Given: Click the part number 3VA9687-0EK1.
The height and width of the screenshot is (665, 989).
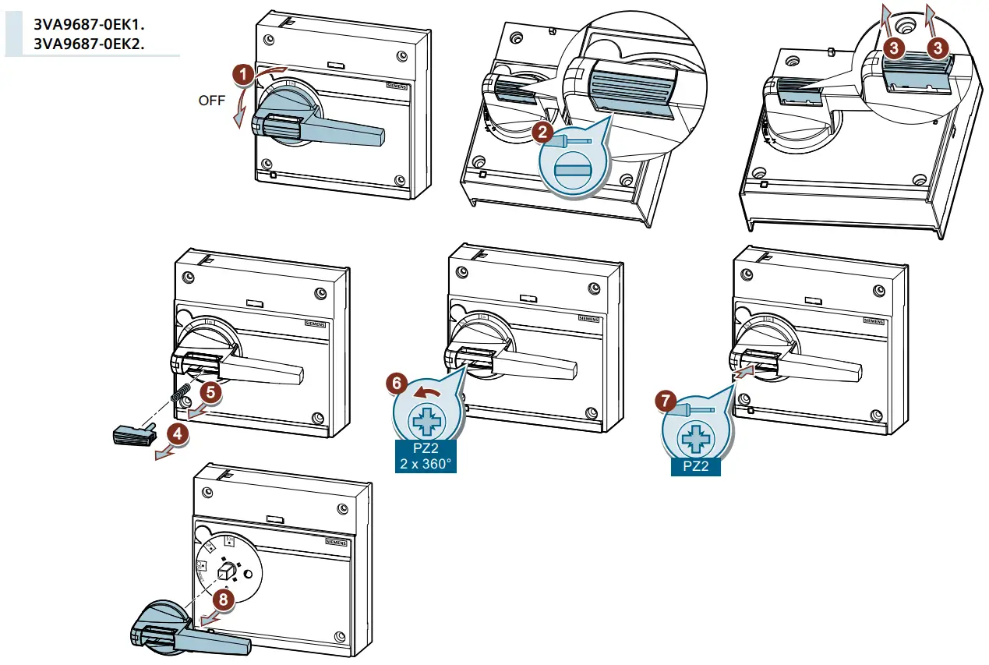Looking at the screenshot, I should coord(90,24).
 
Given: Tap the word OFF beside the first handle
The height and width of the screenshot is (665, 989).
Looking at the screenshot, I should coord(211,101).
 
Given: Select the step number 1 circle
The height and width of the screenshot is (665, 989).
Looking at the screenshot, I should coord(243,75).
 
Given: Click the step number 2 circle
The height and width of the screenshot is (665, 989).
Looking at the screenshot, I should coord(542,131).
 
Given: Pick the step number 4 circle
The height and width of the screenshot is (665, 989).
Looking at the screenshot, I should coord(179,435).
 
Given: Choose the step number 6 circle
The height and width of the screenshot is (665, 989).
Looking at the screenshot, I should coord(397,383).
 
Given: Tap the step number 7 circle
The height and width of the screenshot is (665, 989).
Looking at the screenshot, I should coord(664,401).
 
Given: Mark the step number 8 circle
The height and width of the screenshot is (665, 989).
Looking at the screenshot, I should coord(224,599).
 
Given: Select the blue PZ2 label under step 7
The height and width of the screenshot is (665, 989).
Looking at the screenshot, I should coord(694,466).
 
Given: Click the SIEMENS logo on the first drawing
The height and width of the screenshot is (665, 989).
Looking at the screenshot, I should coord(397,89).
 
